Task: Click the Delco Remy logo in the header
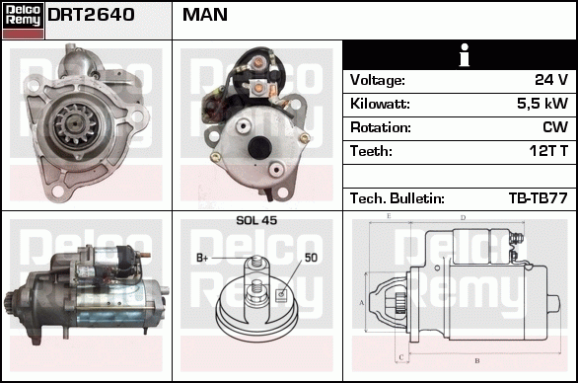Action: (24, 21)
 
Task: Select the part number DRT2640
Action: (91, 15)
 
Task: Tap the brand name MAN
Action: (205, 15)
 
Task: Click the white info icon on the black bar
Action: (465, 55)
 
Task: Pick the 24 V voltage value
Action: (551, 80)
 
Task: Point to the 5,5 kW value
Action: (542, 104)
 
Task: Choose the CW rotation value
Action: (555, 127)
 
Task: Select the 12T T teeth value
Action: (548, 151)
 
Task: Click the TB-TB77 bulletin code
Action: (538, 198)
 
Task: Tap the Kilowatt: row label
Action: (380, 104)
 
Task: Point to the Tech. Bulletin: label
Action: (397, 198)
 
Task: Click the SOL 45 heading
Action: (256, 220)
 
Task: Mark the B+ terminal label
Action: (202, 258)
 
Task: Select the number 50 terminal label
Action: (311, 258)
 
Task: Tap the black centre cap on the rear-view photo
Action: (259, 147)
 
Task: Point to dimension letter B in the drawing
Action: (477, 361)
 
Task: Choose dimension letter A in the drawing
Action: (362, 303)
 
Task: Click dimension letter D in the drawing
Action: (463, 218)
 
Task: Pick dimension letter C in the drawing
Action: (401, 357)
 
